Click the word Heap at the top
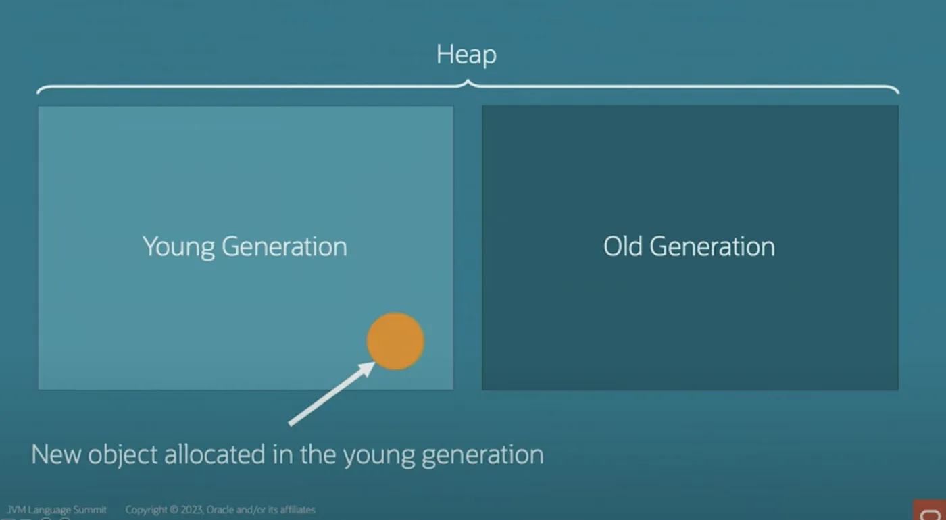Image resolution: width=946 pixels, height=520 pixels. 466,55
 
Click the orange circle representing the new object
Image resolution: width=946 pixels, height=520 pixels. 395,341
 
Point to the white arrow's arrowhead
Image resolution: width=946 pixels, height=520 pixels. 366,369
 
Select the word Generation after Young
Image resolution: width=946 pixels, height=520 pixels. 284,246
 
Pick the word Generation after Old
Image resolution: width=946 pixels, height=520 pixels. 712,246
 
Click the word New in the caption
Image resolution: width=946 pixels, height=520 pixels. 55,454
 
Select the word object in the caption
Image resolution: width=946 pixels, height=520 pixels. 122,456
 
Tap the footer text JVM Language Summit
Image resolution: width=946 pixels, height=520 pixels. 57,510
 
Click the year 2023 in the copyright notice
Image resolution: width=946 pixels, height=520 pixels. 193,510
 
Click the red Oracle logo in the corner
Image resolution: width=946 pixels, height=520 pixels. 929,511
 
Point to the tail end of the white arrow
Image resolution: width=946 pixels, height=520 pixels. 290,424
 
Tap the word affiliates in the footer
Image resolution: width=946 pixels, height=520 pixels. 298,510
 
